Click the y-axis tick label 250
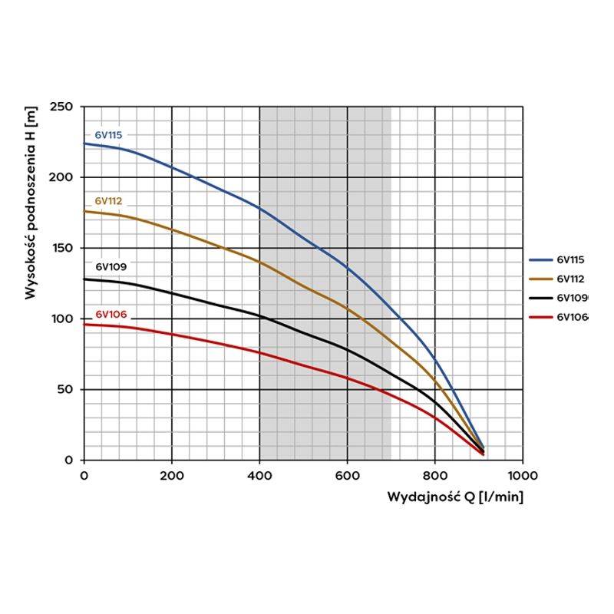[63, 107]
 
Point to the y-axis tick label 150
[63, 248]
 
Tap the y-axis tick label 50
[66, 389]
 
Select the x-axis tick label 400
[259, 475]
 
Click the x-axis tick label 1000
[523, 475]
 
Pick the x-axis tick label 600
[348, 475]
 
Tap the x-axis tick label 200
[172, 475]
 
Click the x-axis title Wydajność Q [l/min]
[455, 497]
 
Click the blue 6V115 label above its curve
[108, 135]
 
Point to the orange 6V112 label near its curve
[109, 201]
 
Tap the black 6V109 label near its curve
[111, 267]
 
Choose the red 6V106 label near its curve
[111, 315]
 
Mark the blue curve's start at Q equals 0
[84, 144]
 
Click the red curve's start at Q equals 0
[84, 325]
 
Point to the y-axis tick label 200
[63, 177]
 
